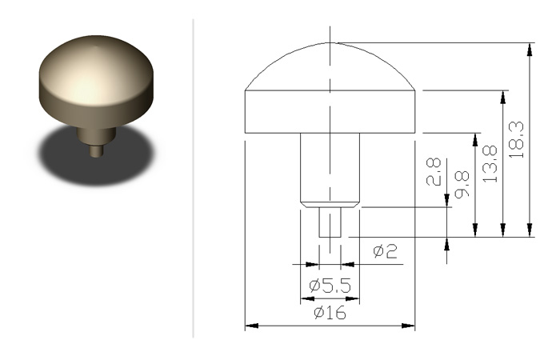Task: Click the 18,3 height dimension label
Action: pyautogui.click(x=517, y=140)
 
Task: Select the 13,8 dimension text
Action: pyautogui.click(x=490, y=164)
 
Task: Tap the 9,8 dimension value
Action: pyautogui.click(x=462, y=184)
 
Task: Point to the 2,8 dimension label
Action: pyautogui.click(x=434, y=171)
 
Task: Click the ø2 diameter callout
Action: pyautogui.click(x=385, y=251)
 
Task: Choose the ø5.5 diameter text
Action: pyautogui.click(x=330, y=286)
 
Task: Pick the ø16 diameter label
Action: pyautogui.click(x=330, y=313)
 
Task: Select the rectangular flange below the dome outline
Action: pyautogui.click(x=330, y=112)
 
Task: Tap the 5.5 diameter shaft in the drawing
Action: pyautogui.click(x=330, y=170)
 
